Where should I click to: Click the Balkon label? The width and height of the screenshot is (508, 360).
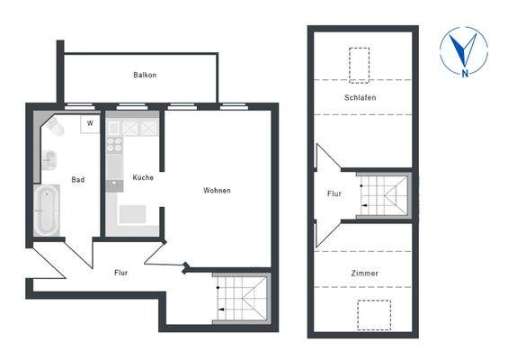coord(144,75)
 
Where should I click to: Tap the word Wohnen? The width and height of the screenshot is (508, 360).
coord(217,190)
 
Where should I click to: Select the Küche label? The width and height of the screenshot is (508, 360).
coord(142,177)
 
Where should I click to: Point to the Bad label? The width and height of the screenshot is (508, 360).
coord(78,180)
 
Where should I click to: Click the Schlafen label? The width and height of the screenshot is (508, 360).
coord(359,96)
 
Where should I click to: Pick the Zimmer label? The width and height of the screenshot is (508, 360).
coord(364,273)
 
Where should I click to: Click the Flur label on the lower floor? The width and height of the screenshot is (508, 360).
coord(121,272)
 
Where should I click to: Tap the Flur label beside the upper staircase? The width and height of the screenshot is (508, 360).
coord(334,193)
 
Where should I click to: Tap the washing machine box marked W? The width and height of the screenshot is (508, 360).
coord(89,123)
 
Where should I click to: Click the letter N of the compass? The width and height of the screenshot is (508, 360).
coord(464,72)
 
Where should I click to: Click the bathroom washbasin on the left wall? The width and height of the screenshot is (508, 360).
coord(49,160)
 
